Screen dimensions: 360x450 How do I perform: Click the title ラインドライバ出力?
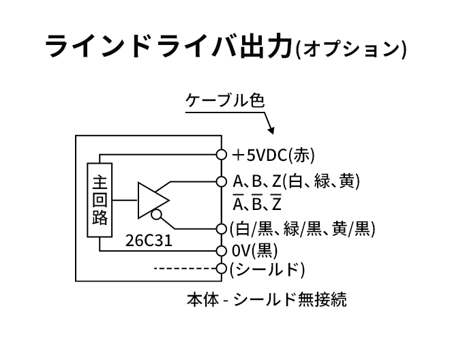[x=168, y=48]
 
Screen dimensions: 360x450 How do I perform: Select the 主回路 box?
[x=100, y=200]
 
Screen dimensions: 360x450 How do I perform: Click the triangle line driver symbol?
[x=152, y=200]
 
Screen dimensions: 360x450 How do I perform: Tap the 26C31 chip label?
[x=148, y=241]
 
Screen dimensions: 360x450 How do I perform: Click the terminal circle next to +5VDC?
[x=221, y=155]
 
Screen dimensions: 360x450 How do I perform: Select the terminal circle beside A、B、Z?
[x=221, y=182]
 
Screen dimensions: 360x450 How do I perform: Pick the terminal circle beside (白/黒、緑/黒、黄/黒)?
[x=221, y=228]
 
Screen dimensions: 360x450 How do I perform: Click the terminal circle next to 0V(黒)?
[x=221, y=250]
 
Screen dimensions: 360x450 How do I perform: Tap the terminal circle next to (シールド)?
[x=221, y=269]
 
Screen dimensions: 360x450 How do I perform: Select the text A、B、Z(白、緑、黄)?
[x=295, y=182]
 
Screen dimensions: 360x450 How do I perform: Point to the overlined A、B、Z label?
[x=258, y=205]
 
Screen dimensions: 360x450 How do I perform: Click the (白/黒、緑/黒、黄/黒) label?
[x=303, y=228]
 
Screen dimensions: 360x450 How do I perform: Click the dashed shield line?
[x=185, y=269]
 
